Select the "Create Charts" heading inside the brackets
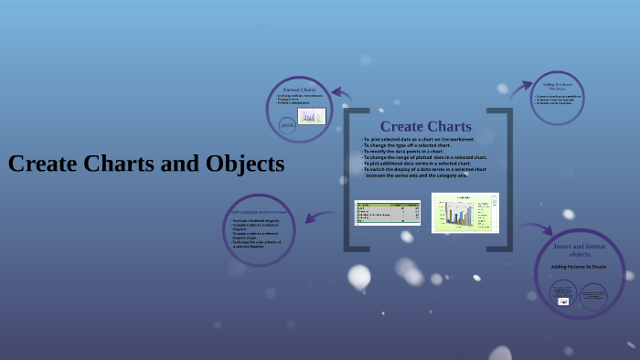[x=425, y=126]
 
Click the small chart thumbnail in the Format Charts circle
[x=312, y=116]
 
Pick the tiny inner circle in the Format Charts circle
[x=287, y=125]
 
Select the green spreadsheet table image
[x=387, y=213]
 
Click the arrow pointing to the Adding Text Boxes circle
[x=520, y=89]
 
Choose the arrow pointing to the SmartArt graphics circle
[x=318, y=217]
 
